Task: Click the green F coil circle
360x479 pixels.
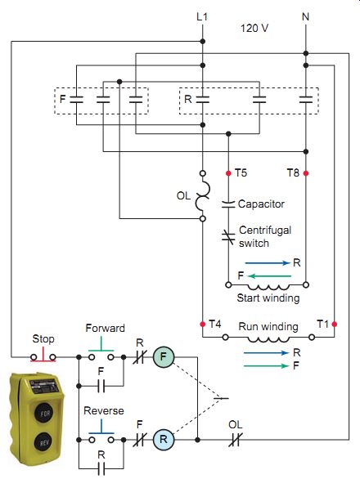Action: pos(164,356)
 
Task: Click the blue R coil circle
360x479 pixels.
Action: pos(164,440)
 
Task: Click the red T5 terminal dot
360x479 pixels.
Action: pos(228,173)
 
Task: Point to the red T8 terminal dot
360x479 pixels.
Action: pos(305,173)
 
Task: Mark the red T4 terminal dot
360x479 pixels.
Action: pos(202,324)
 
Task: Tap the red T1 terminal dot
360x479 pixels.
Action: pos(335,324)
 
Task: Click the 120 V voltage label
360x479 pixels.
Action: pos(254,28)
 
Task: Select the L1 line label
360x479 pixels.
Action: pos(202,16)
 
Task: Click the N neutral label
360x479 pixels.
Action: pos(305,16)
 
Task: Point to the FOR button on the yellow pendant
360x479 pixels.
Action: pos(45,414)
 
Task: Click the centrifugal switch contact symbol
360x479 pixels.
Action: pos(228,237)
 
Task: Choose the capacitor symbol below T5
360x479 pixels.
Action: pos(228,204)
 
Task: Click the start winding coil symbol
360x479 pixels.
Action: pos(268,287)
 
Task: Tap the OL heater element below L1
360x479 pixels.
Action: pos(203,196)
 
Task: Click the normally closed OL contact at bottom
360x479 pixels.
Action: pos(235,440)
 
